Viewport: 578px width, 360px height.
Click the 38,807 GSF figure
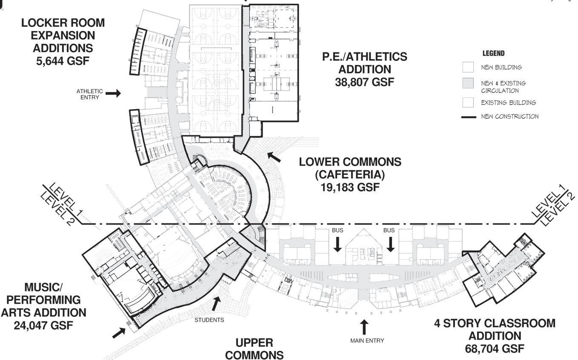[364, 82]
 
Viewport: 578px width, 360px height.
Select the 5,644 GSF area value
[63, 60]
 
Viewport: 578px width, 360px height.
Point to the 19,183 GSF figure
[350, 187]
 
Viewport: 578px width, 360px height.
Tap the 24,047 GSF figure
[43, 325]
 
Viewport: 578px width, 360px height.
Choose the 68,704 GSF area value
[495, 349]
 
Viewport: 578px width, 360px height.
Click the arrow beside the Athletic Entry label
[113, 93]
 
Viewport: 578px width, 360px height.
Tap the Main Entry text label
[367, 340]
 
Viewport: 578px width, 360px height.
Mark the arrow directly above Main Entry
[364, 327]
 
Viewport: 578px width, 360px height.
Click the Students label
[209, 320]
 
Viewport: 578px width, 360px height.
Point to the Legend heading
[493, 54]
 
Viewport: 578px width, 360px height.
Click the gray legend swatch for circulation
[468, 84]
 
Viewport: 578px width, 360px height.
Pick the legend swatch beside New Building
[468, 67]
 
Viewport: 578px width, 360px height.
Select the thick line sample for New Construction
[468, 117]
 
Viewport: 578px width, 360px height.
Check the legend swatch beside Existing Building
[468, 103]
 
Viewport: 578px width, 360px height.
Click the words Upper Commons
[254, 349]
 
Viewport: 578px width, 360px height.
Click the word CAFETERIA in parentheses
[350, 174]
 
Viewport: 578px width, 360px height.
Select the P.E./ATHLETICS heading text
[364, 57]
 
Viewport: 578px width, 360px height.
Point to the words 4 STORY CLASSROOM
[495, 323]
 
